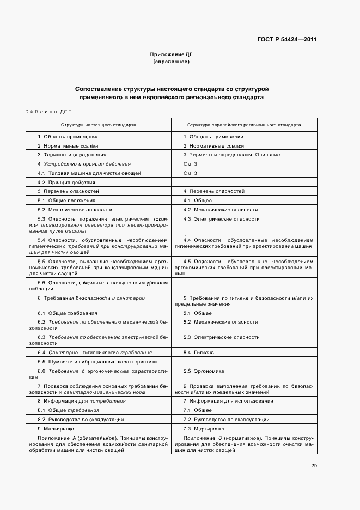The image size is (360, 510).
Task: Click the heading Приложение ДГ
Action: tap(172, 55)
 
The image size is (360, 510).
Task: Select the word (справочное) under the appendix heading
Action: tap(172, 62)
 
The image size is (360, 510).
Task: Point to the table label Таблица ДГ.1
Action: tap(48, 112)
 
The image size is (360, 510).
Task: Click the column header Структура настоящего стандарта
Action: tap(99, 125)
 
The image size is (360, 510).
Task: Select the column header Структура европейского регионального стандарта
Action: tap(243, 125)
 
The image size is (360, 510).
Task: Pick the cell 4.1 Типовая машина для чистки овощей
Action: tap(89, 173)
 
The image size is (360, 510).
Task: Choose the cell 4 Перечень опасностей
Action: tap(213, 191)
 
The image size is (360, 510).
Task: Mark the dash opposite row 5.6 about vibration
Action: tap(243, 283)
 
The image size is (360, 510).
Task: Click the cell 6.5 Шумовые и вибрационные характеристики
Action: tap(97, 361)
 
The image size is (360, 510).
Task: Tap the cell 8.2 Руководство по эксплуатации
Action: tap(81, 420)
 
